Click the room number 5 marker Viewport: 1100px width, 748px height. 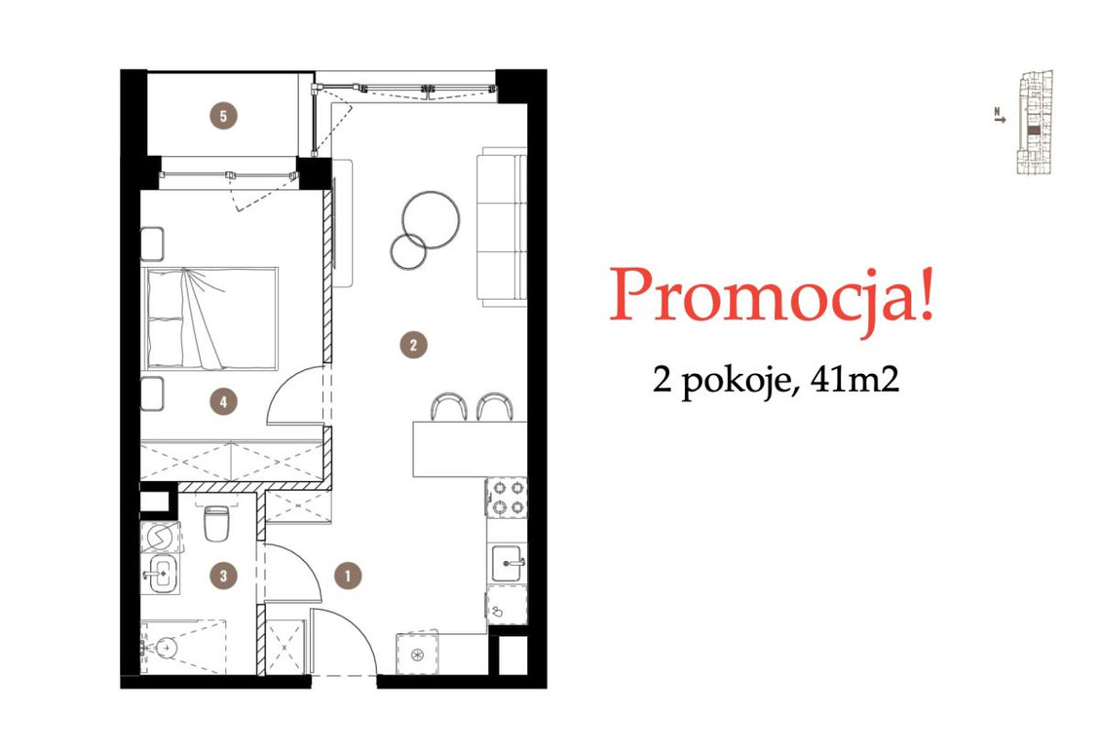(224, 116)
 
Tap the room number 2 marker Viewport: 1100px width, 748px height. (414, 344)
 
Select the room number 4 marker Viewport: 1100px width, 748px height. (224, 400)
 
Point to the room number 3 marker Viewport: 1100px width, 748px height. (224, 576)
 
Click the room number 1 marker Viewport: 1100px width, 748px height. (348, 576)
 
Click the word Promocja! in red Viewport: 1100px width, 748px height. (772, 295)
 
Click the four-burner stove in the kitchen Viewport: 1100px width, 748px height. (506, 497)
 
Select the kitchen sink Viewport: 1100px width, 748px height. (507, 562)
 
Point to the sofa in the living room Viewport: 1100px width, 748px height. (501, 226)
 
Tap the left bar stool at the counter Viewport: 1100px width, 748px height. (448, 406)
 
